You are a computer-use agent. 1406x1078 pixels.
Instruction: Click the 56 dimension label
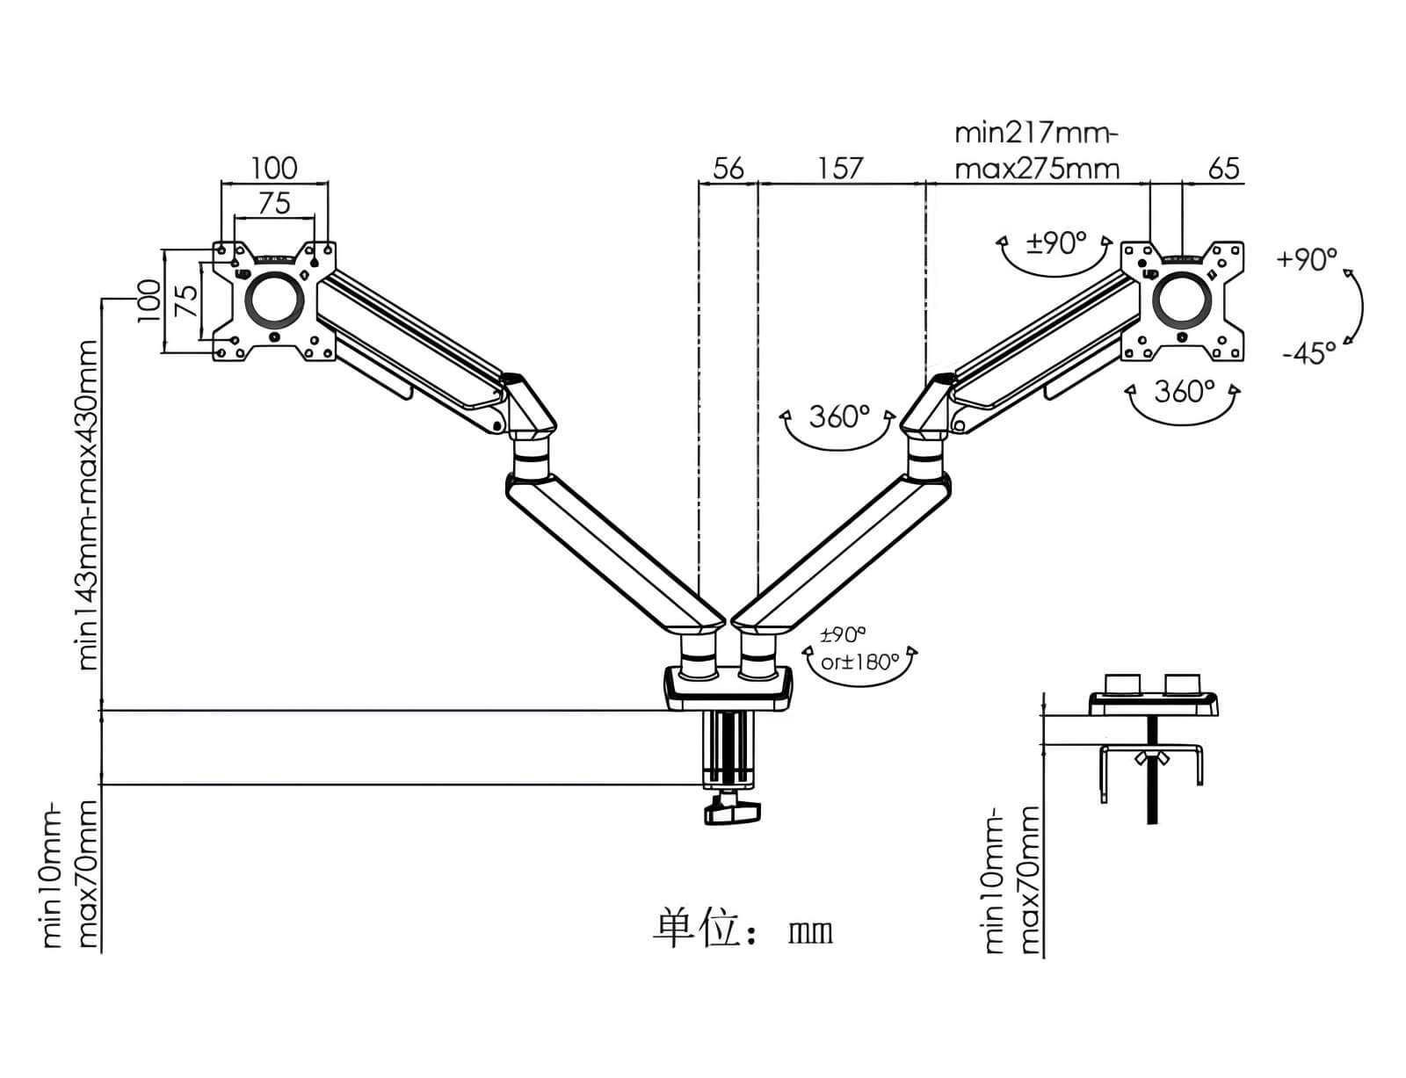(728, 169)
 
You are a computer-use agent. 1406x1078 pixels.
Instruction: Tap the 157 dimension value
(840, 169)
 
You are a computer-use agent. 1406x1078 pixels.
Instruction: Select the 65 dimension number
(1223, 169)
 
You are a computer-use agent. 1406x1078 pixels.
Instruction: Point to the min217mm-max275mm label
(1037, 152)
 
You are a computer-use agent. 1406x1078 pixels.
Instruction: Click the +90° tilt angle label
(1307, 259)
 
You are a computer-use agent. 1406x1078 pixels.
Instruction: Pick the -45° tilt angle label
(1309, 353)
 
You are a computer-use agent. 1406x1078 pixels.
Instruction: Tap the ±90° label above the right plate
(1056, 243)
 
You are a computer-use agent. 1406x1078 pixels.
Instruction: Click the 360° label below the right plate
(1185, 392)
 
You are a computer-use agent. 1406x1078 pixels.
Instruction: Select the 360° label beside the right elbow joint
(839, 417)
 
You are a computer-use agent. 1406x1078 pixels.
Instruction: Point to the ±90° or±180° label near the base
(859, 648)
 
